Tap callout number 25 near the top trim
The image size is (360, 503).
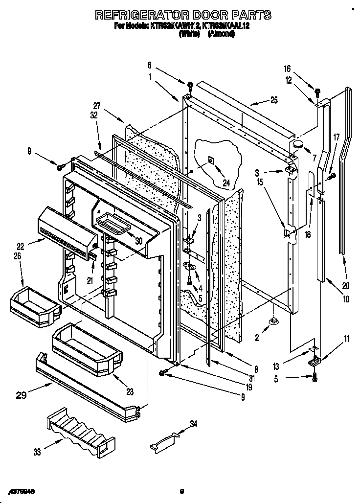coord(273,101)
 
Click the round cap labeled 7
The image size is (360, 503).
coord(297,144)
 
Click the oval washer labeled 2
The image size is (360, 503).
coord(274,321)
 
